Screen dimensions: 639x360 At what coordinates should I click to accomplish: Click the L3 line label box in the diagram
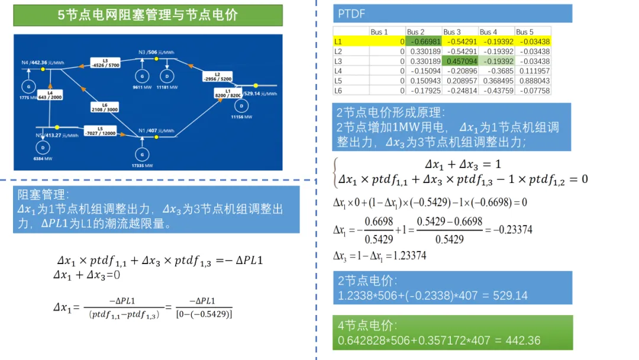pyautogui.click(x=105, y=62)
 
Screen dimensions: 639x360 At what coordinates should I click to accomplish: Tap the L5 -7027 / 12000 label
pyautogui.click(x=101, y=131)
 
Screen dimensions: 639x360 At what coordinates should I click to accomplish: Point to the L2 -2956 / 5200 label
pyautogui.click(x=217, y=76)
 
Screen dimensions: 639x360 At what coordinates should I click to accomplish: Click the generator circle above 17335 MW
pyautogui.click(x=142, y=155)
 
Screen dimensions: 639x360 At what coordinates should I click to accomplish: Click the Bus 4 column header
pyautogui.click(x=488, y=32)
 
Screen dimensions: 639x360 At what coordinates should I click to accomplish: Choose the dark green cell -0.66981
pyautogui.click(x=424, y=41)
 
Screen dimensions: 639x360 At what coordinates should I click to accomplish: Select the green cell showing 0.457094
pyautogui.click(x=460, y=61)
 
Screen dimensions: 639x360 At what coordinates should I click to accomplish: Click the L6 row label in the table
pyautogui.click(x=338, y=91)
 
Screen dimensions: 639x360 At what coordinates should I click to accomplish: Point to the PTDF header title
pyautogui.click(x=353, y=13)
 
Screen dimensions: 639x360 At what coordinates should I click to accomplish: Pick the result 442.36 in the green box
pyautogui.click(x=523, y=340)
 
